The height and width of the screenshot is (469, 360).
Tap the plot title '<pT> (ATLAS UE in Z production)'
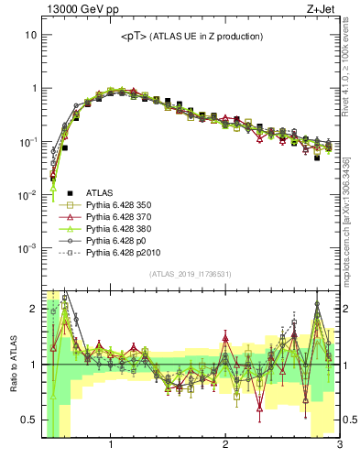[x=191, y=37]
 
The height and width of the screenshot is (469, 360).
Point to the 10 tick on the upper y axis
[x=30, y=35]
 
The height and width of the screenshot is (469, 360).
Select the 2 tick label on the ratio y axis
[x=32, y=309]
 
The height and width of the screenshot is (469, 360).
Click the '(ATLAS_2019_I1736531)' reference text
[x=191, y=274]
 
